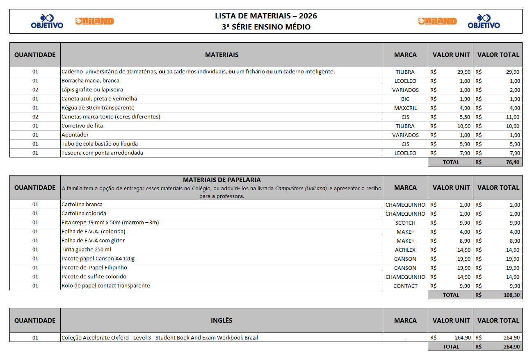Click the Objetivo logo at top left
tap(47, 21)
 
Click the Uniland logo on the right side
tap(437, 21)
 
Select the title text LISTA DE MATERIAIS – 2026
tap(266, 16)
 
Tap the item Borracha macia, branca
tap(90, 81)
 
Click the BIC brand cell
tap(405, 99)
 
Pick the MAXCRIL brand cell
tap(405, 108)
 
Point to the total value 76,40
tap(511, 162)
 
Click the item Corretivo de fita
tap(82, 126)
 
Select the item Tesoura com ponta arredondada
tap(102, 153)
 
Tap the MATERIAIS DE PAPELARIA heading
tap(221, 180)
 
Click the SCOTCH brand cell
tap(405, 223)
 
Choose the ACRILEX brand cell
tap(405, 250)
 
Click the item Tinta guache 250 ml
tap(86, 250)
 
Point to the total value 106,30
tap(511, 295)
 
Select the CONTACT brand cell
tap(405, 286)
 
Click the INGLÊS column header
tap(221, 321)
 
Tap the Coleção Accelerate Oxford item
tap(160, 338)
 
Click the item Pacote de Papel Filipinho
tap(94, 268)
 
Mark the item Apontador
tap(75, 135)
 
